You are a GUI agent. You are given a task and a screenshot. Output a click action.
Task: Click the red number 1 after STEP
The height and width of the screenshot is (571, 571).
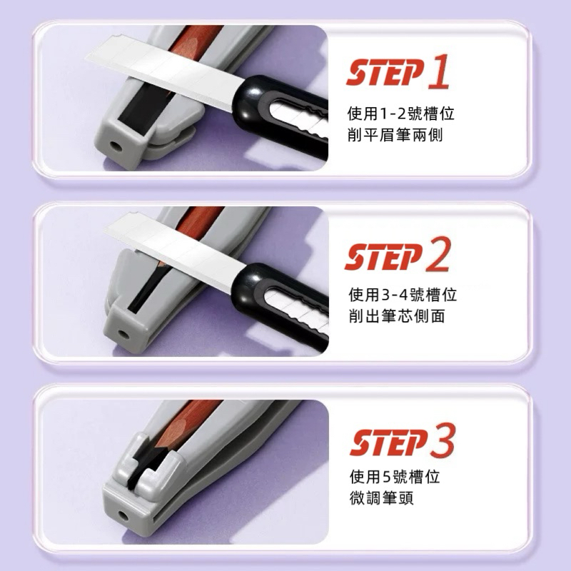tap(438, 71)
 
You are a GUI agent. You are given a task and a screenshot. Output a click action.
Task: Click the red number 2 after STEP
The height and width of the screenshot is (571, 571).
tap(438, 254)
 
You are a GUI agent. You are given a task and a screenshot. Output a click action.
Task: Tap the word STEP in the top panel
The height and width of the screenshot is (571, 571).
tap(385, 72)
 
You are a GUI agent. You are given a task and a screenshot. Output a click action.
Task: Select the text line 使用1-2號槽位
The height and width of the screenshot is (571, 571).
tap(401, 113)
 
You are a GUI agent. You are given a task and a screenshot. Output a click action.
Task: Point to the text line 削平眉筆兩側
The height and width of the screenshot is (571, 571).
tap(395, 135)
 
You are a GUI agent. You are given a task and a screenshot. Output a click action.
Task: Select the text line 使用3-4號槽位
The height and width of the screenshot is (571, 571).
tap(403, 294)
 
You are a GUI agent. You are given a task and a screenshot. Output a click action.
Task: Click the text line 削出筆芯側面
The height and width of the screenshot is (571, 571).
tap(397, 315)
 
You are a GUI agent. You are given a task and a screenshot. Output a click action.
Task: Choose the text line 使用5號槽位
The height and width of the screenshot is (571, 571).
tap(395, 476)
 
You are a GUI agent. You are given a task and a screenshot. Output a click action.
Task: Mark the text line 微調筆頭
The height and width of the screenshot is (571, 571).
tap(382, 497)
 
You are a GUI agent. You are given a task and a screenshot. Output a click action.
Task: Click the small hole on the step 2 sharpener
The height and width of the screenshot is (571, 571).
tap(121, 333)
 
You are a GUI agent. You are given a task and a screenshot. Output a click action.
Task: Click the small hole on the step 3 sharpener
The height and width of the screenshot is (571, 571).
tap(123, 515)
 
